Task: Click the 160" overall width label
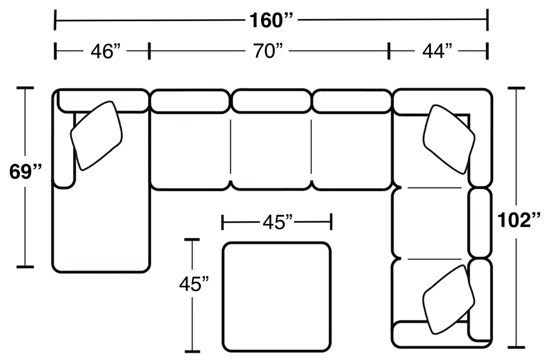(271, 20)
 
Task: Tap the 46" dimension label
(105, 51)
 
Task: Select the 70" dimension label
(268, 51)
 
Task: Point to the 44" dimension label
(437, 51)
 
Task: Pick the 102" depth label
(519, 220)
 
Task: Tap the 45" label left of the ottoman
(194, 284)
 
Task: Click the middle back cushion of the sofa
(271, 101)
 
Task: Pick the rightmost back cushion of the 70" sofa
(352, 101)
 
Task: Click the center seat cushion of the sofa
(271, 154)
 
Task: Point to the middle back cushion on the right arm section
(479, 223)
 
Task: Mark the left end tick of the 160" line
(56, 20)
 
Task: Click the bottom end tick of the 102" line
(516, 347)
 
